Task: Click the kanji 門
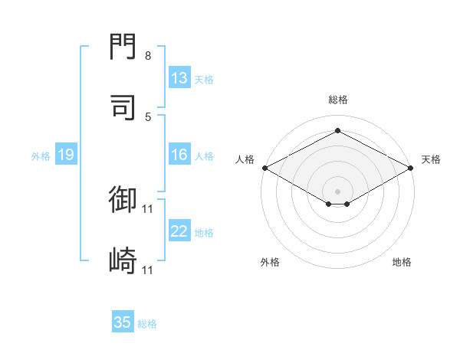pos(123,46)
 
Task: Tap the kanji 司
pos(123,107)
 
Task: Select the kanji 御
pos(123,199)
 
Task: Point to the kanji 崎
pos(123,260)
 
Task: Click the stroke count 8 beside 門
pos(148,56)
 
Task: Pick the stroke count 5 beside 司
pos(148,117)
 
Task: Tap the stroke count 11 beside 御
pos(147,209)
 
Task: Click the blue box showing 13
pos(179,77)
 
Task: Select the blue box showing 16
pos(179,154)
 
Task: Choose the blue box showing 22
pos(179,230)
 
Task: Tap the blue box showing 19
pos(66,154)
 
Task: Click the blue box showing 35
pos(123,321)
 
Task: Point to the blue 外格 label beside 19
pos(41,156)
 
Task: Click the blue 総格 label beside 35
pos(147,324)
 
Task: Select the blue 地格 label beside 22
pos(204,233)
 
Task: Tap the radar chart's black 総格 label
pos(338,100)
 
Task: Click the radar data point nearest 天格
pos(411,168)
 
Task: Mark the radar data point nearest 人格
pos(265,168)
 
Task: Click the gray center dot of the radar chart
pos(337,191)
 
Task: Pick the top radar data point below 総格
pos(337,130)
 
